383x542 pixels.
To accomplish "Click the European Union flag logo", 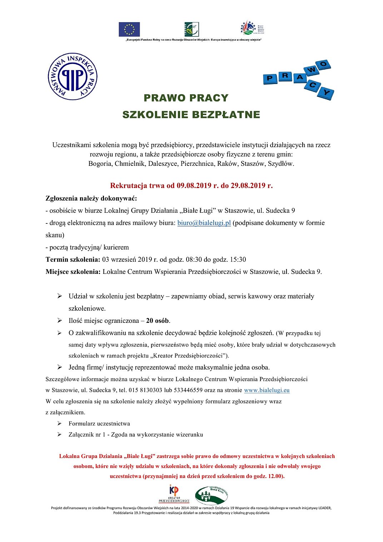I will click(x=129, y=29).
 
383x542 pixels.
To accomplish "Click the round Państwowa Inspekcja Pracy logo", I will click(x=73, y=77).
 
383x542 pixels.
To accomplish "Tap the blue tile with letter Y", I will click(x=326, y=93).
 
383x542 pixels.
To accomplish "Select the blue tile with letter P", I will click(x=270, y=78).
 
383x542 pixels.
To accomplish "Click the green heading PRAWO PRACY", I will click(x=186, y=98).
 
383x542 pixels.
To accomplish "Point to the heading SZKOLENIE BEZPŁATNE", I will click(x=191, y=115).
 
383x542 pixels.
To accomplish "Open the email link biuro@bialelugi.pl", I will click(x=204, y=223).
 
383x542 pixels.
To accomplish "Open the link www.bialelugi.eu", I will click(x=267, y=390).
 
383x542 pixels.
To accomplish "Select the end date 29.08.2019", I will click(x=248, y=186).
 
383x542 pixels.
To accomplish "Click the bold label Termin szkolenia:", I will click(x=73, y=260).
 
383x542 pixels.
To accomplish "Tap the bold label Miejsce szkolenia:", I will click(x=73, y=272).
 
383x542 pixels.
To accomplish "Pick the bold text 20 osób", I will click(x=158, y=321).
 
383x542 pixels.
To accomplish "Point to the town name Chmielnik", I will click(x=128, y=164).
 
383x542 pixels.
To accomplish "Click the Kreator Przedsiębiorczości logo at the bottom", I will click(x=174, y=494).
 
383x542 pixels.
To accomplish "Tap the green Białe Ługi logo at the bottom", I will click(x=211, y=495).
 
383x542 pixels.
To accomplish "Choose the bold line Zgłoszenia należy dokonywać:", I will click(x=91, y=198).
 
